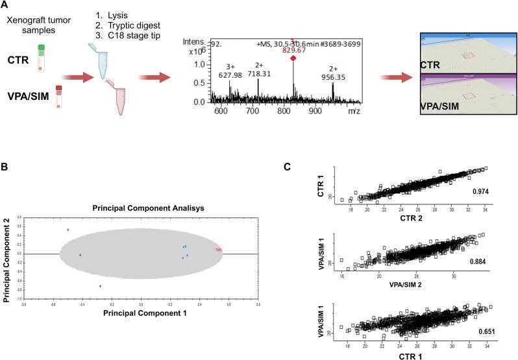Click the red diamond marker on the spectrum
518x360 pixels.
click(293, 58)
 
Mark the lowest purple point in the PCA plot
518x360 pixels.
click(100, 285)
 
